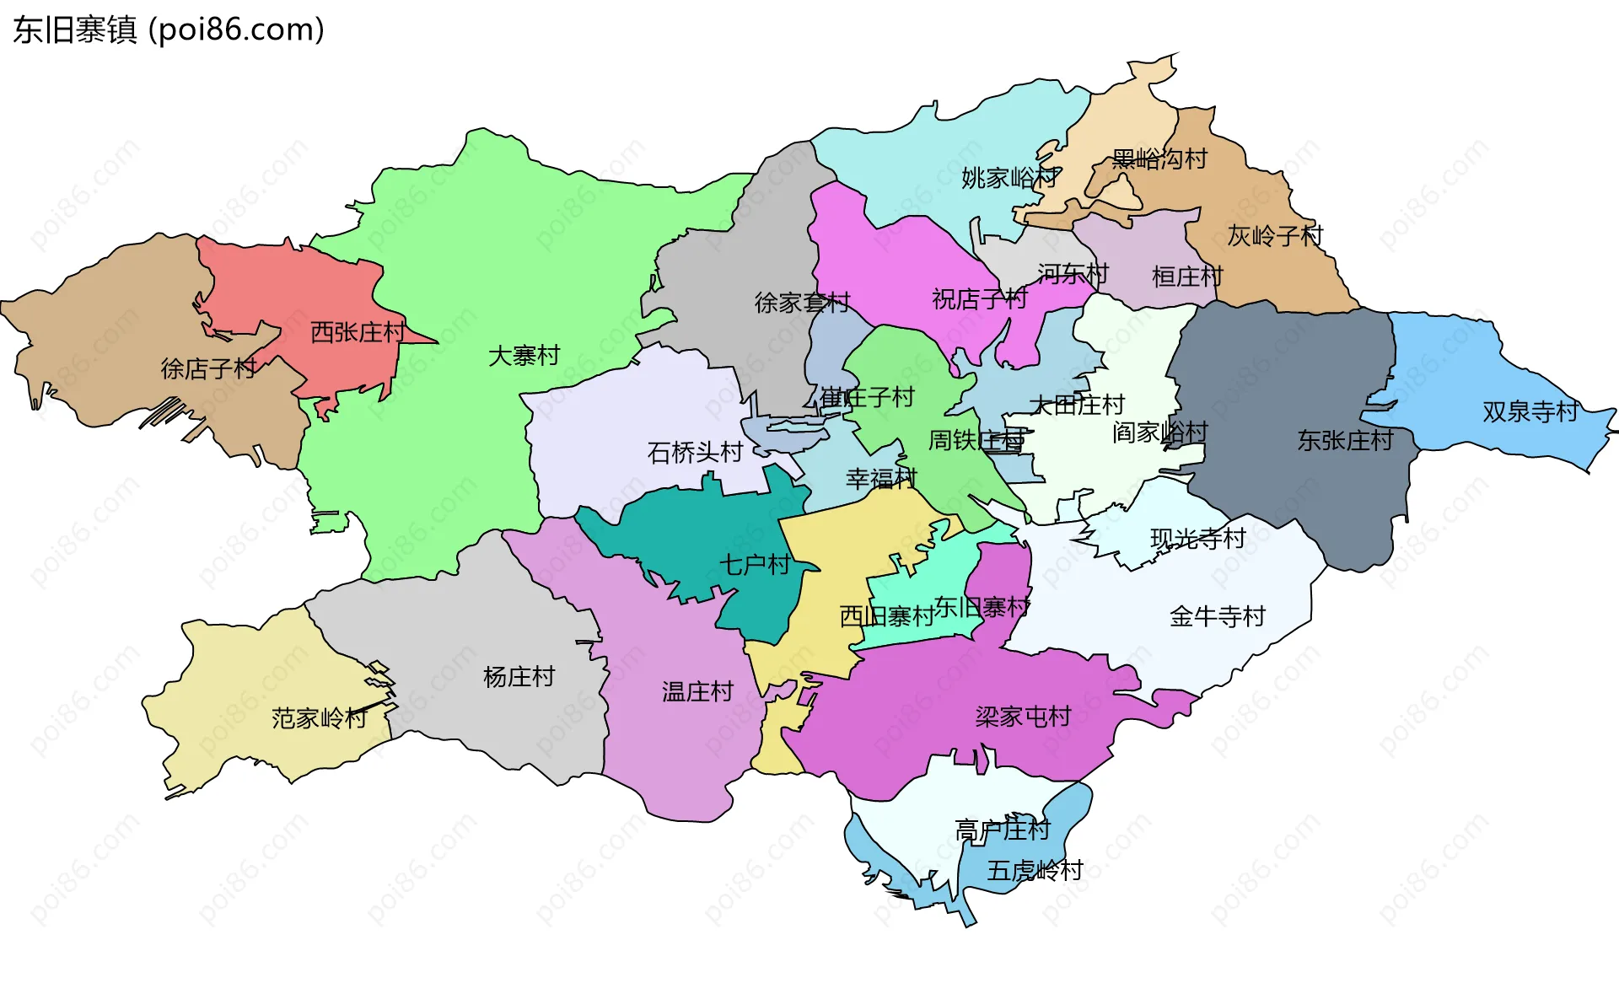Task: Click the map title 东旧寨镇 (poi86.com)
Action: (169, 30)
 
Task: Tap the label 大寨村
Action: (524, 356)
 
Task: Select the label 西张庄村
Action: (358, 332)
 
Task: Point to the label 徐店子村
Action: (208, 368)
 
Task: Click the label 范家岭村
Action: (319, 718)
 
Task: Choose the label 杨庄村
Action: (519, 677)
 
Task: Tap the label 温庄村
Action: (697, 692)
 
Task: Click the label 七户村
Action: (754, 565)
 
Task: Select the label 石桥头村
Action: (695, 453)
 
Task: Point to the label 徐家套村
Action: (802, 303)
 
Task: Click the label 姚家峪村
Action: (1009, 178)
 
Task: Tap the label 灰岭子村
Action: (1275, 236)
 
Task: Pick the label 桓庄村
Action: (1187, 277)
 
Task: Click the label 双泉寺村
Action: (1530, 411)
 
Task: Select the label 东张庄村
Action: (1345, 440)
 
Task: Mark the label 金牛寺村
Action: (1218, 616)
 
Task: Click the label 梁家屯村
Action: (1023, 717)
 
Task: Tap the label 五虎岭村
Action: (1035, 870)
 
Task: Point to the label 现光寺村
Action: (1197, 539)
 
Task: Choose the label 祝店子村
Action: (979, 299)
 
